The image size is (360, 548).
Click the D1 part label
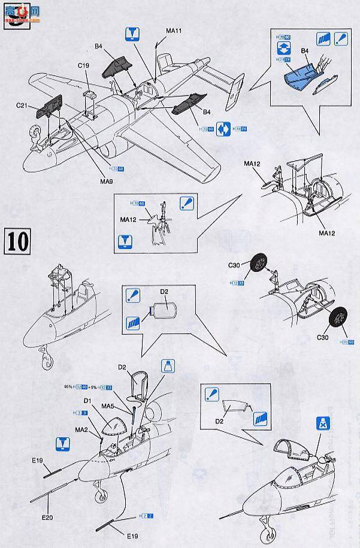[87, 400]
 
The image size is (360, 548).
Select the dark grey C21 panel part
[49, 106]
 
